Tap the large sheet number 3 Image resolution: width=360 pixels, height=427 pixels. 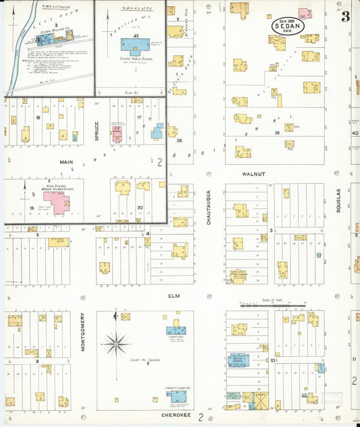pyautogui.click(x=345, y=17)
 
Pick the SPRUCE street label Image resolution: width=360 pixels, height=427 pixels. pyautogui.click(x=97, y=132)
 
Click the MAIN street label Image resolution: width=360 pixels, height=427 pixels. pyautogui.click(x=67, y=162)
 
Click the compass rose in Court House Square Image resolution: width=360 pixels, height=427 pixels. pyautogui.click(x=115, y=344)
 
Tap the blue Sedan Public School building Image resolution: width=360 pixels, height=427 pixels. pyautogui.click(x=136, y=47)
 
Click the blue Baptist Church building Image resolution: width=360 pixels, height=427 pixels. pyautogui.click(x=238, y=360)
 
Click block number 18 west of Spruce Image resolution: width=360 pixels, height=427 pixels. pyautogui.click(x=38, y=118)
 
